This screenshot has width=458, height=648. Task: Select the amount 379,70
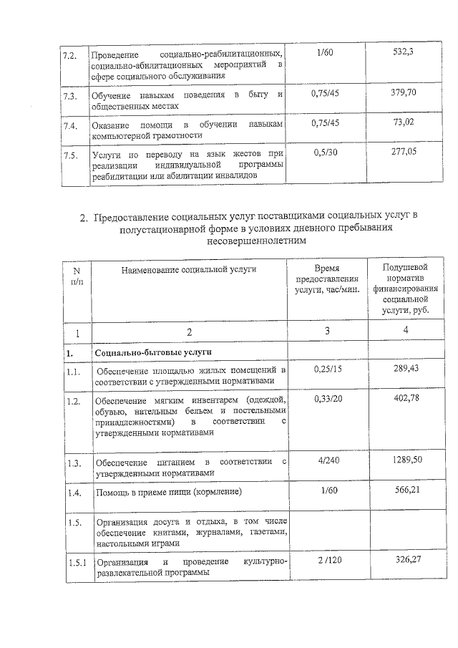(405, 93)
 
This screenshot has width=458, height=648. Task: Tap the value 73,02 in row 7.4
(405, 122)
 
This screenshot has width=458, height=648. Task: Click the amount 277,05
(405, 153)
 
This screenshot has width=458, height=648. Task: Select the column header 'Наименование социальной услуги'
(188, 269)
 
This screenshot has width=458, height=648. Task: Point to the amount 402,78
(405, 398)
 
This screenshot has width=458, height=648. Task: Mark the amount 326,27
(405, 558)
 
